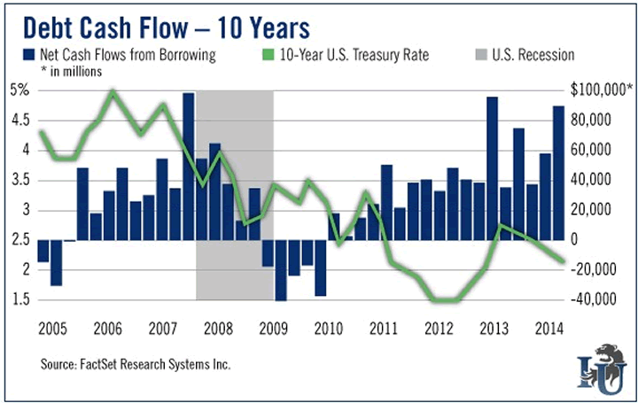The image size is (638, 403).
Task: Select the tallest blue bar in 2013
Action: (x=492, y=168)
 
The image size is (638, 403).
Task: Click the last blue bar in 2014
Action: (x=558, y=173)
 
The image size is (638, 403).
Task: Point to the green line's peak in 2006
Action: (x=113, y=91)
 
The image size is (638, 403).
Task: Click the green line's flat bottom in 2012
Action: (x=447, y=300)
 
